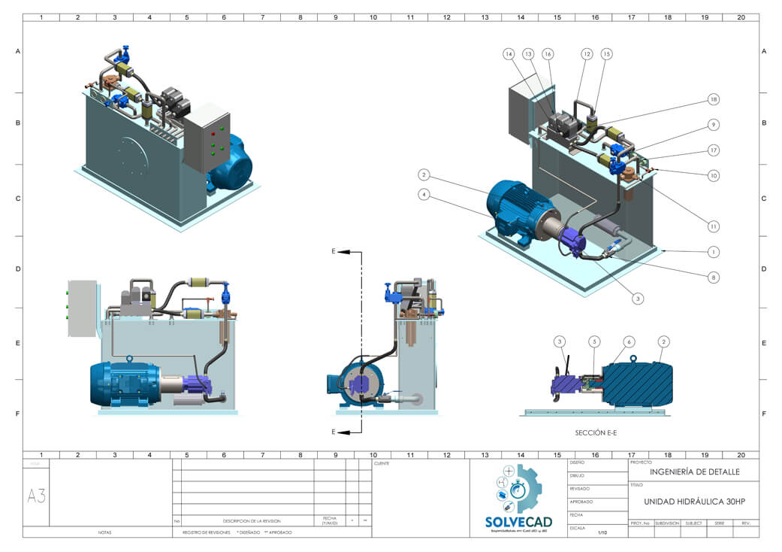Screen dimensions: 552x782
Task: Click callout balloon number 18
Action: point(713,100)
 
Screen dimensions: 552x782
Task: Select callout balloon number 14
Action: point(509,54)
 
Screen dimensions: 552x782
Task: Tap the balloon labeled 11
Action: point(713,226)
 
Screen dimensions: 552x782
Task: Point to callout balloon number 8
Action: point(713,277)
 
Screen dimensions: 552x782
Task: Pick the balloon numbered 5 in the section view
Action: point(593,341)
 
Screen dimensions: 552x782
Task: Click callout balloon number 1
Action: point(713,251)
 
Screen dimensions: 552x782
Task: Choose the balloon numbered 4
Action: point(424,195)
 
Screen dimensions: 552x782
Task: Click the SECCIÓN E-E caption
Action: point(596,432)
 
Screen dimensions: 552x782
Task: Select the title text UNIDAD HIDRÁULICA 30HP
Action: point(693,502)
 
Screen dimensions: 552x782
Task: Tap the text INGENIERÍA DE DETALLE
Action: point(694,472)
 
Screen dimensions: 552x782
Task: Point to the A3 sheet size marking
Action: point(36,496)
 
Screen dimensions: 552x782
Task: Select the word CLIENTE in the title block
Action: point(382,464)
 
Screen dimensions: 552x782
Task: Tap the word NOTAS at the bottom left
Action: point(104,532)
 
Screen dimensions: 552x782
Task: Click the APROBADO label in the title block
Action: point(581,502)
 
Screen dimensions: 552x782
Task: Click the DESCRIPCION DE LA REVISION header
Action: point(251,520)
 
